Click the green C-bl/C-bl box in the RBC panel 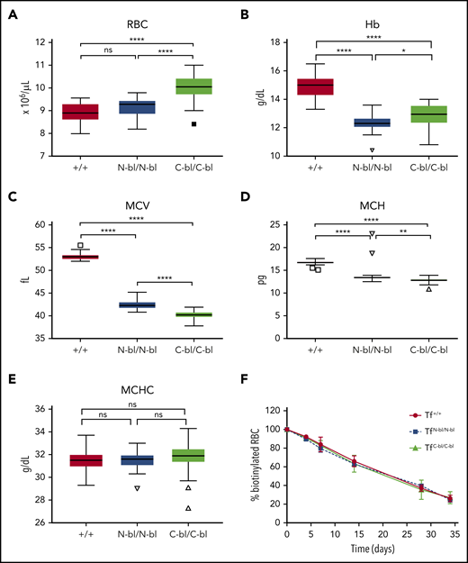193,86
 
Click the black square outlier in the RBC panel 193,124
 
